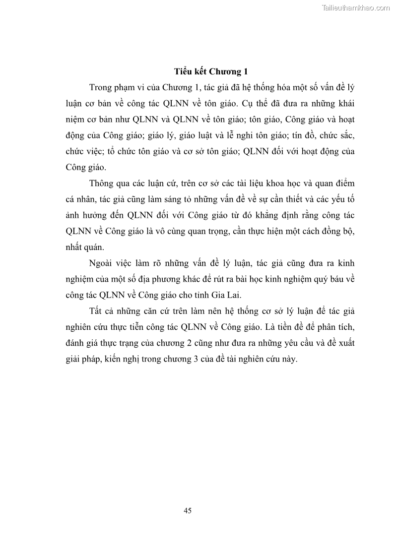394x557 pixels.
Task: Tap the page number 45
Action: [188, 510]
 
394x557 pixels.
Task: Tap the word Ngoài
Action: [103, 263]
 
